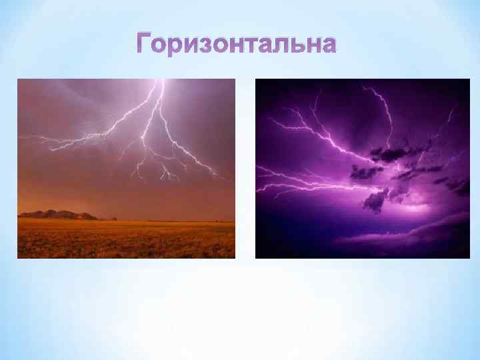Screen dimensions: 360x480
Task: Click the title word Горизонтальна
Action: [237, 45]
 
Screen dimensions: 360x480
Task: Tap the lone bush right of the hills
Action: [114, 218]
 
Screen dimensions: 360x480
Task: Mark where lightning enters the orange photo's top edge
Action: [161, 81]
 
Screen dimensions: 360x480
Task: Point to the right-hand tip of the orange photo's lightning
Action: [219, 175]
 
